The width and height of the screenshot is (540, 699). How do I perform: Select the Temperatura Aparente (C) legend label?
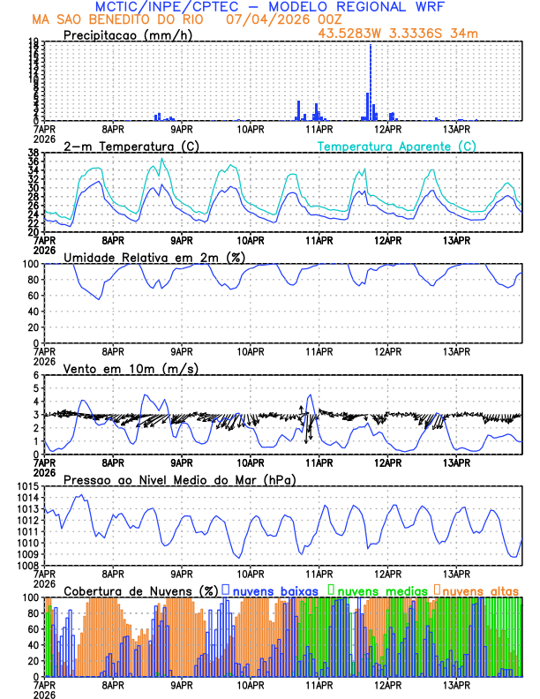[396, 146]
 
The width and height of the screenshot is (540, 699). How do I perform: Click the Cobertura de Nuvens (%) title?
[140, 590]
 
